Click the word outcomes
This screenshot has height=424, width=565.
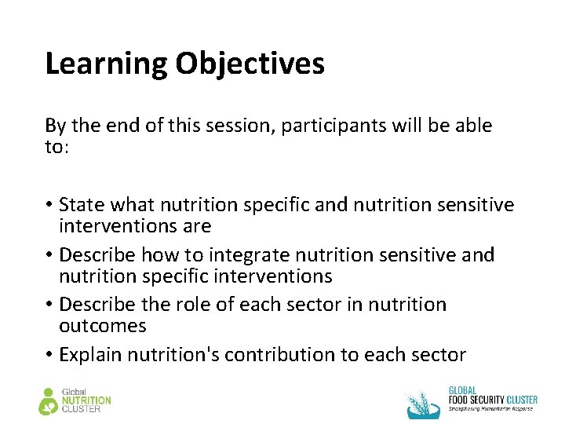tap(103, 325)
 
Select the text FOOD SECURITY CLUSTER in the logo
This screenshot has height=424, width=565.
tap(493, 400)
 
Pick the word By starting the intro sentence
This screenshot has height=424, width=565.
tap(55, 126)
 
